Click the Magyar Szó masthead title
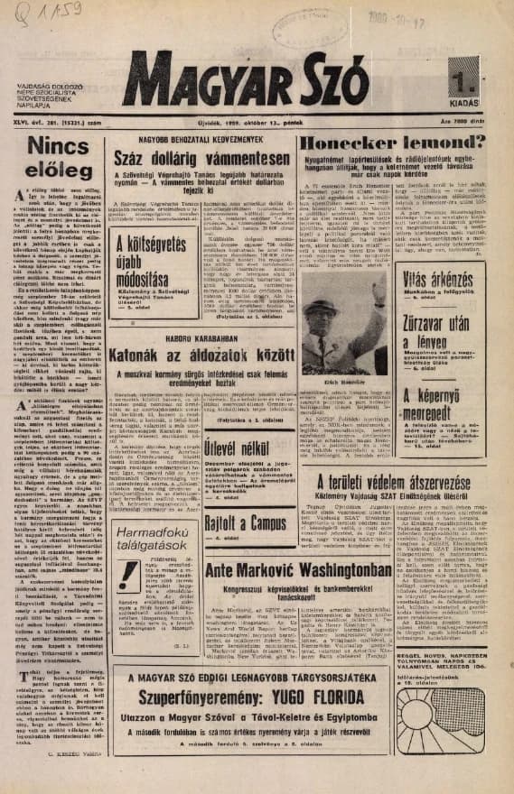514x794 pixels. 244,78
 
